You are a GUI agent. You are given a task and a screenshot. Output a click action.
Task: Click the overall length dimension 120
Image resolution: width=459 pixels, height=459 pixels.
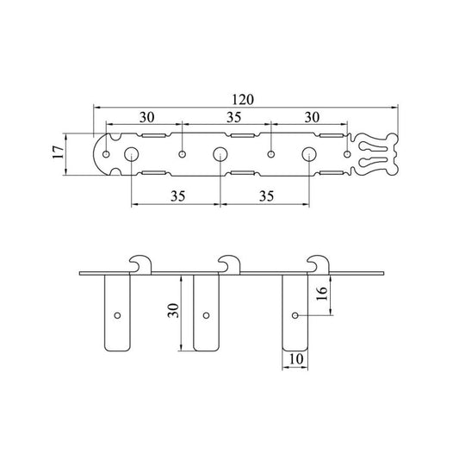click(243, 100)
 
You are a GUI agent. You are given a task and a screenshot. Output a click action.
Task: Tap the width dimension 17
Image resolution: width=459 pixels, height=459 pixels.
click(59, 152)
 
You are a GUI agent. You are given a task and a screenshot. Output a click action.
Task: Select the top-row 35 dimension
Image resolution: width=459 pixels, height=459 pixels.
click(234, 117)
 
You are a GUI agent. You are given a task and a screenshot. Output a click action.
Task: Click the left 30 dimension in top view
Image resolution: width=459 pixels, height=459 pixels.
click(146, 117)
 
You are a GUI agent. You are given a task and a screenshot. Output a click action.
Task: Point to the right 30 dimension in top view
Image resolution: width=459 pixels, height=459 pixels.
click(312, 117)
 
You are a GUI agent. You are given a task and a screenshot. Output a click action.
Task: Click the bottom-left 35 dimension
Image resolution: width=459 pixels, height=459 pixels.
click(178, 196)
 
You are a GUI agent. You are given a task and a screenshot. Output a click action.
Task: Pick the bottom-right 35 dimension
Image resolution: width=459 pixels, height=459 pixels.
click(266, 196)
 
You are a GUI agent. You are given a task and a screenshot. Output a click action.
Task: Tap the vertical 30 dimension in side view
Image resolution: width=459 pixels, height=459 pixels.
click(173, 311)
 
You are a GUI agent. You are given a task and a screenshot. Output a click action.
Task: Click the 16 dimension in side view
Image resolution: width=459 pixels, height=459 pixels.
click(322, 294)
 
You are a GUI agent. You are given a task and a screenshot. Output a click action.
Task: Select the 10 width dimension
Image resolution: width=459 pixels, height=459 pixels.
click(296, 359)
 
